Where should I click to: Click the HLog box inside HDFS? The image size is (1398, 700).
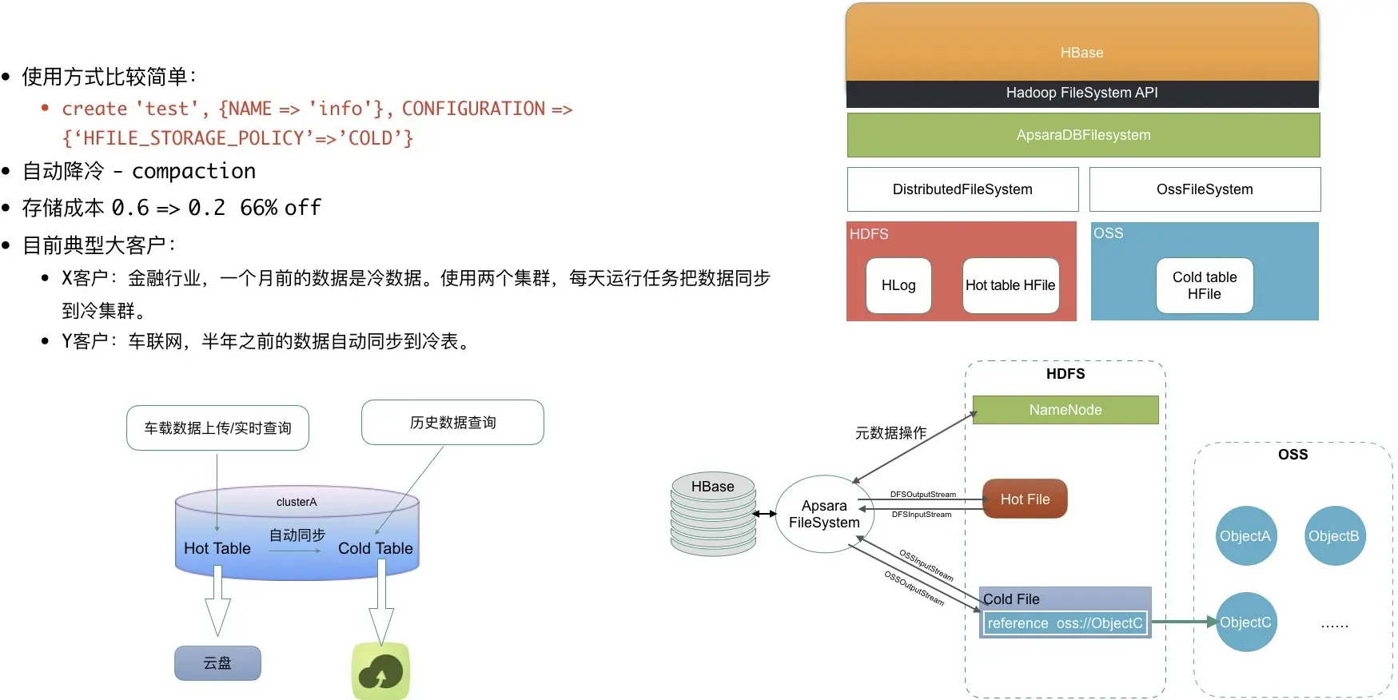click(898, 285)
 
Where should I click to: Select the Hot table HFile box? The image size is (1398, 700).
click(1010, 285)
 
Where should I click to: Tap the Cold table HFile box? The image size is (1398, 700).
click(1204, 285)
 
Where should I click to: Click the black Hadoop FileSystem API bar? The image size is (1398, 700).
click(1081, 93)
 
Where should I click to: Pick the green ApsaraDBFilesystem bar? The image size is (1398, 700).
click(1083, 135)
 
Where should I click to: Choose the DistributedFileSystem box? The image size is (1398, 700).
click(962, 189)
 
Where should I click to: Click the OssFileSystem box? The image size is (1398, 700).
click(1205, 189)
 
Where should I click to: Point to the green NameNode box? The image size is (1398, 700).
click(1065, 410)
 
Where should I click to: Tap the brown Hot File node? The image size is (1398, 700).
click(1025, 499)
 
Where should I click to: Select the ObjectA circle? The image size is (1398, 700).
click(1245, 536)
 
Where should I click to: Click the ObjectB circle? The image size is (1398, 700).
click(1333, 536)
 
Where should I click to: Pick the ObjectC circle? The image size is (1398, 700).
click(1245, 622)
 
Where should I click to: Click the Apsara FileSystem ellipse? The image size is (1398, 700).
click(824, 515)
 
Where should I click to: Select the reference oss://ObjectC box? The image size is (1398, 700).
click(1065, 623)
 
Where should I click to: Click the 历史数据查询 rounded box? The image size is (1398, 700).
click(452, 423)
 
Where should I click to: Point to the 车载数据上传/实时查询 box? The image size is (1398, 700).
click(217, 428)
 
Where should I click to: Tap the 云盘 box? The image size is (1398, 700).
click(217, 663)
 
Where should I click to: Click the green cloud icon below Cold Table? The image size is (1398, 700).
click(380, 671)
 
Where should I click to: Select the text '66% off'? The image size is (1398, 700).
click(281, 208)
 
